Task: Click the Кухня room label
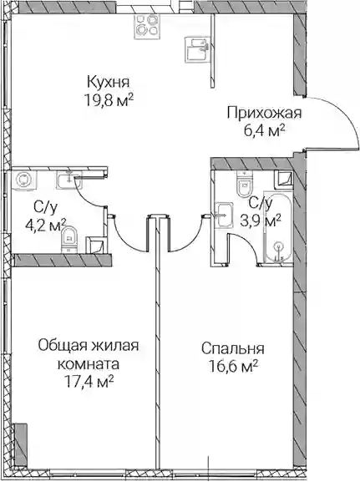click(x=109, y=83)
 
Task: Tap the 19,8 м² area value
click(x=109, y=100)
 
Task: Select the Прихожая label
click(x=265, y=113)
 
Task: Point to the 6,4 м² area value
click(x=264, y=131)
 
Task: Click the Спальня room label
click(x=233, y=348)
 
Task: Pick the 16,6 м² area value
click(x=233, y=366)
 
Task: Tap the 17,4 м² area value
click(x=89, y=382)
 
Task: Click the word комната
click(x=89, y=364)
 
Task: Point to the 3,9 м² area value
click(x=260, y=221)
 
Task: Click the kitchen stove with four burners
click(x=146, y=27)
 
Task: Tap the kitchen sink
click(x=198, y=49)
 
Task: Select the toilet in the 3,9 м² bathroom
click(x=245, y=184)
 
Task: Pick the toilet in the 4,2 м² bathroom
click(x=70, y=239)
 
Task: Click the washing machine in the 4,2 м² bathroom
click(x=24, y=180)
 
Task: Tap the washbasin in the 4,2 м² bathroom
click(x=68, y=180)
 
